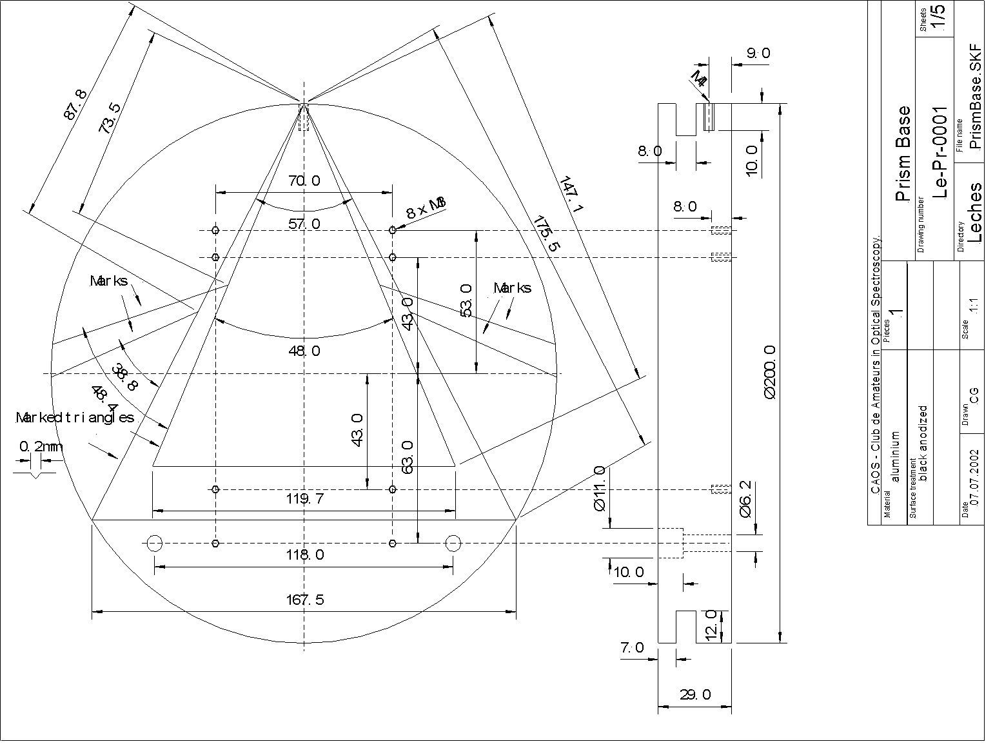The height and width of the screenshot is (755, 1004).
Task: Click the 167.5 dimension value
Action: [x=305, y=600]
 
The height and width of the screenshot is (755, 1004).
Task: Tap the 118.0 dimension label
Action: [x=305, y=554]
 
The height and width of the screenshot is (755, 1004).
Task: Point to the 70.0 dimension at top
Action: [x=304, y=181]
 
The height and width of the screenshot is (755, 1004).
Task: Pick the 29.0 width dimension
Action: [x=695, y=694]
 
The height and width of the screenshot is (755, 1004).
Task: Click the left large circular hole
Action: [x=154, y=544]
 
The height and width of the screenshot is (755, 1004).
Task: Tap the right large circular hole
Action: [x=453, y=544]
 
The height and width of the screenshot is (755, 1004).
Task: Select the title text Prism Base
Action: [x=904, y=154]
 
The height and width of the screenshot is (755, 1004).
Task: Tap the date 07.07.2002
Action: [x=974, y=478]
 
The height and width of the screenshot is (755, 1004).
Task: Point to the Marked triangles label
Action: [x=75, y=418]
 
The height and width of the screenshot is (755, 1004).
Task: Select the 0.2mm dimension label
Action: [x=41, y=446]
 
